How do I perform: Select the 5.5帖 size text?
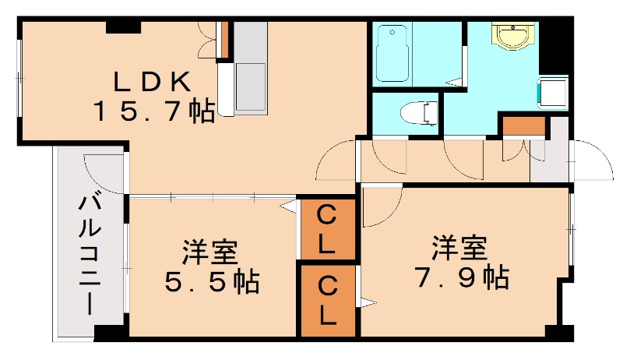click(x=212, y=281)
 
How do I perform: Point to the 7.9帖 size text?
click(x=461, y=275)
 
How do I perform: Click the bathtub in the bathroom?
click(x=392, y=54)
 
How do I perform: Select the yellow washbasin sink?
click(x=514, y=36)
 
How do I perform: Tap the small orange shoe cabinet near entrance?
click(x=516, y=125)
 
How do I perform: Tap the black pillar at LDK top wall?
click(x=123, y=28)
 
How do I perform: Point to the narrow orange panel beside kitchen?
click(x=223, y=41)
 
